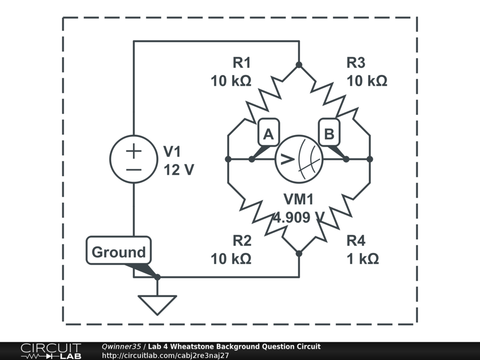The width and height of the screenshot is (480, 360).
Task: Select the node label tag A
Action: pyautogui.click(x=268, y=134)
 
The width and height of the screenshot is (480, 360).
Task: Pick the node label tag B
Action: pyautogui.click(x=329, y=134)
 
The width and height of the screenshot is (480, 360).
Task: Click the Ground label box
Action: pyautogui.click(x=119, y=252)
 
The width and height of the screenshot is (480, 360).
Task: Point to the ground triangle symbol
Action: pyautogui.click(x=157, y=304)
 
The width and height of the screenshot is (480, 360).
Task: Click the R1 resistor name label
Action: pyautogui.click(x=242, y=62)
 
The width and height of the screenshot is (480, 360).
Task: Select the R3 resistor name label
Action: pyautogui.click(x=356, y=62)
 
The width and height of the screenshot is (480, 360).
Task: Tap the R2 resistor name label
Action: pyautogui.click(x=242, y=241)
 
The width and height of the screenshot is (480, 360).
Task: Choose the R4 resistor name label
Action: pyautogui.click(x=356, y=241)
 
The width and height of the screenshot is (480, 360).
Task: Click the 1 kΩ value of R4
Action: pyautogui.click(x=363, y=259)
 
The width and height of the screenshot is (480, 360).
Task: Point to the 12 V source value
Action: pyautogui.click(x=179, y=170)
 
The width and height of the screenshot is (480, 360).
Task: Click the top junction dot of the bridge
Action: pyautogui.click(x=299, y=65)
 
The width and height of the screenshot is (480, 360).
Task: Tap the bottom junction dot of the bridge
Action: pyautogui.click(x=299, y=254)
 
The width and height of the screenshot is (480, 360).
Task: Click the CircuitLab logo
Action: pyautogui.click(x=51, y=351)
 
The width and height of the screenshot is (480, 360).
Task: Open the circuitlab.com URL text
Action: pyautogui.click(x=165, y=355)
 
